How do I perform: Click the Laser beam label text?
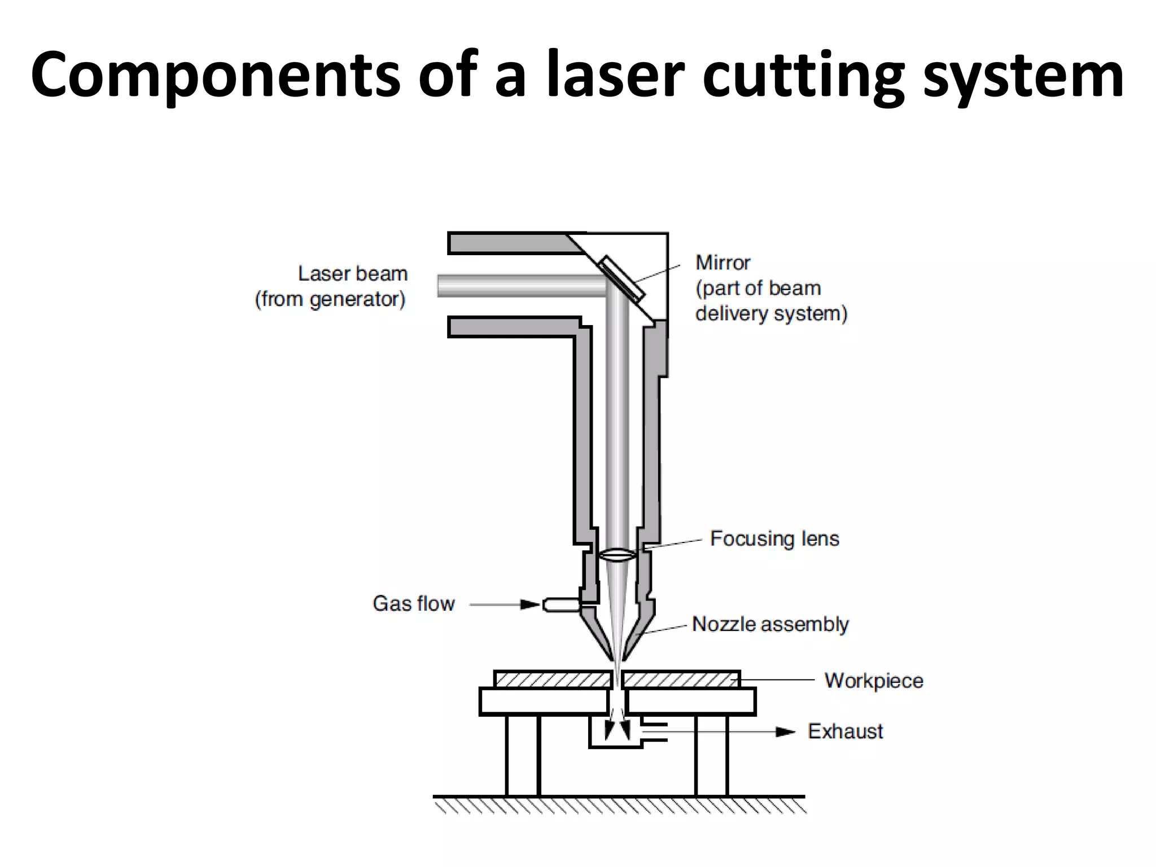click(x=353, y=274)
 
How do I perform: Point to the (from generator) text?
click(x=330, y=299)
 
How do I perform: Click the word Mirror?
click(x=722, y=263)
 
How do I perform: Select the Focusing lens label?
click(x=774, y=539)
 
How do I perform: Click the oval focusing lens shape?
click(x=619, y=555)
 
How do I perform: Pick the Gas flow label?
click(x=414, y=604)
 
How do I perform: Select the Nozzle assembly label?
click(x=770, y=624)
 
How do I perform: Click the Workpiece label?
click(x=874, y=681)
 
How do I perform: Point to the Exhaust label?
click(x=845, y=732)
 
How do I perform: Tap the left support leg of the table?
click(x=523, y=755)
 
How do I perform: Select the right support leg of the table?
click(x=712, y=755)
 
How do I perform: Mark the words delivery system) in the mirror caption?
click(x=771, y=314)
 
